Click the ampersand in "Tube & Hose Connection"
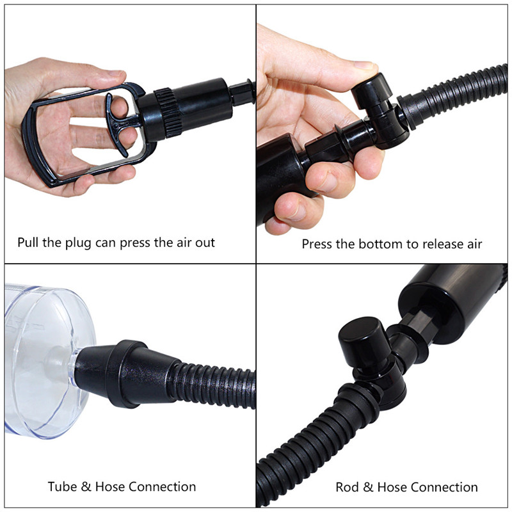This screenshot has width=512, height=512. tap(86, 486)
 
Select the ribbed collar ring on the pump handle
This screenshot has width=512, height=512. tap(168, 113)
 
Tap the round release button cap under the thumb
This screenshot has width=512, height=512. tap(372, 90)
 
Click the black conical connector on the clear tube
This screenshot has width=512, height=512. tap(125, 373)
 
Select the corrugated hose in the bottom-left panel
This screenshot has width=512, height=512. tap(212, 385)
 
